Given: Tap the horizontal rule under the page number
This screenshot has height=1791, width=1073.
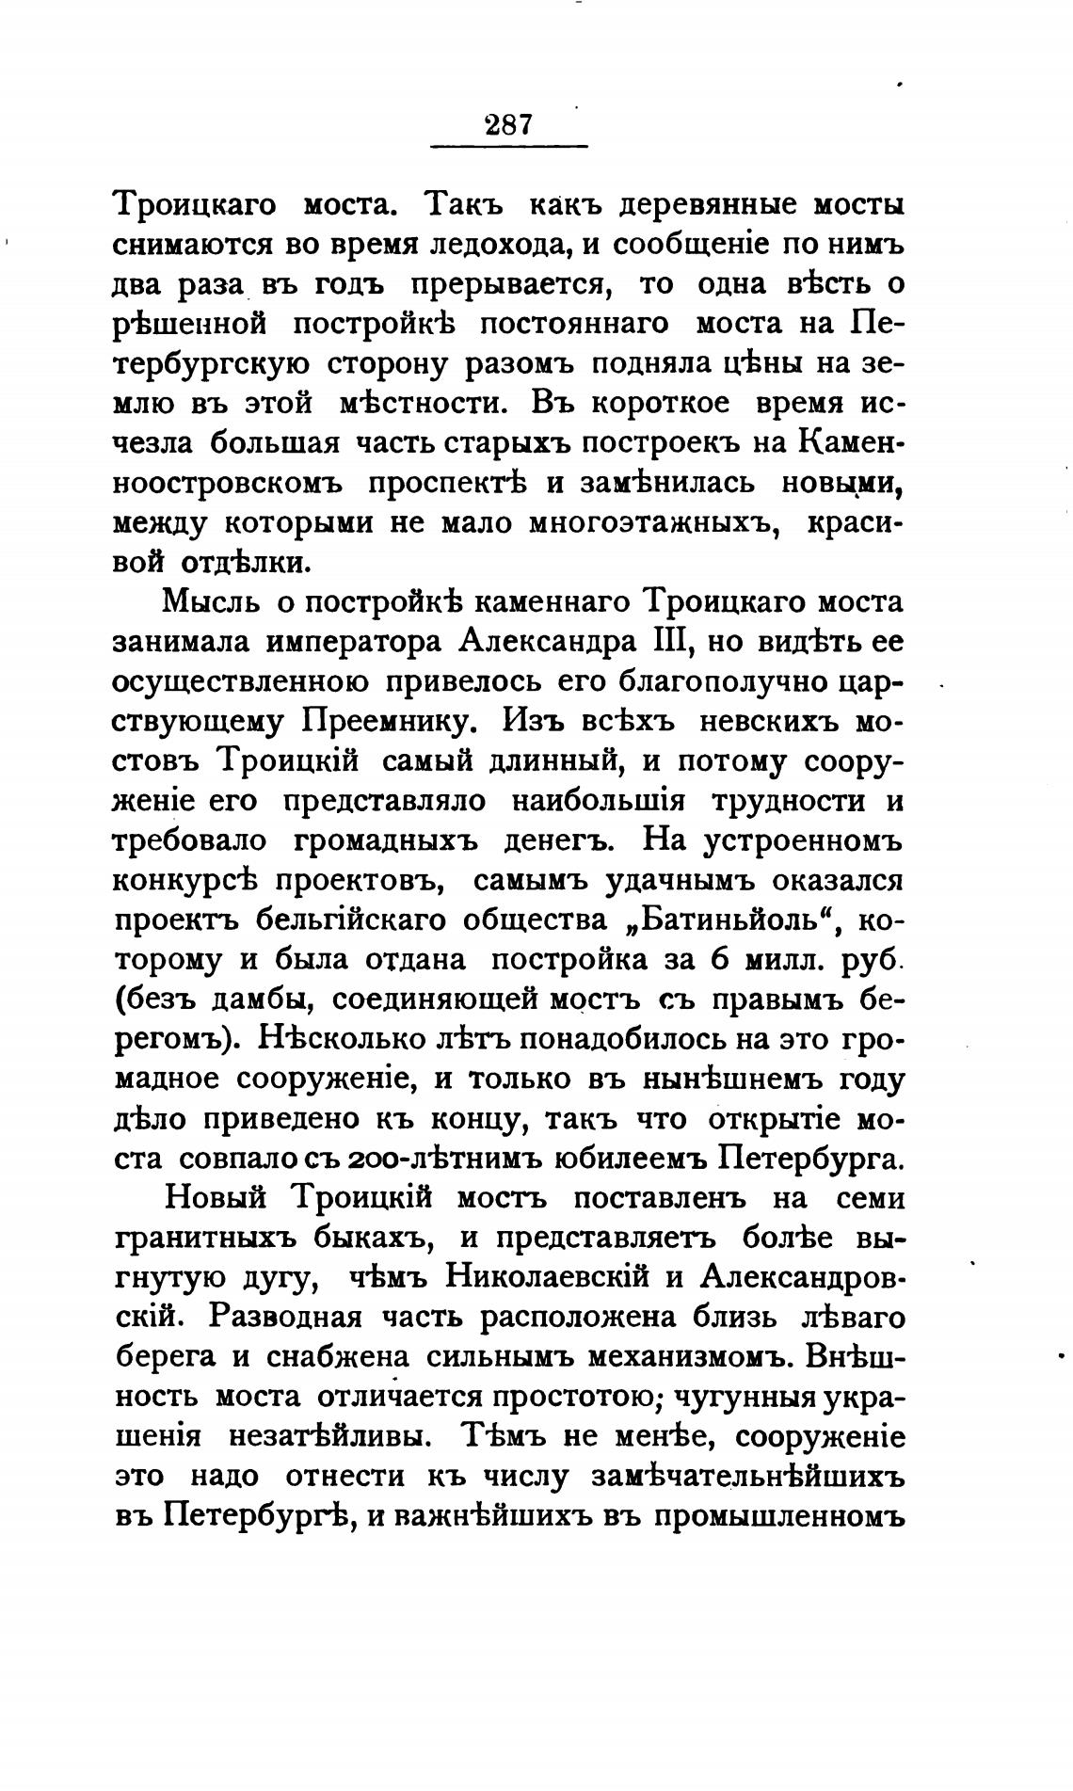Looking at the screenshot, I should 508,147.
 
